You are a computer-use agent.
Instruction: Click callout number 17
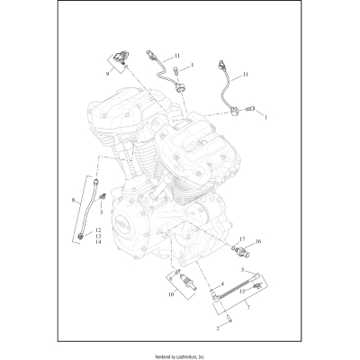241,238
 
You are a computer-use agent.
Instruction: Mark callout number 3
102,212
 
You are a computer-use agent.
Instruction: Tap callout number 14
72,242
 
